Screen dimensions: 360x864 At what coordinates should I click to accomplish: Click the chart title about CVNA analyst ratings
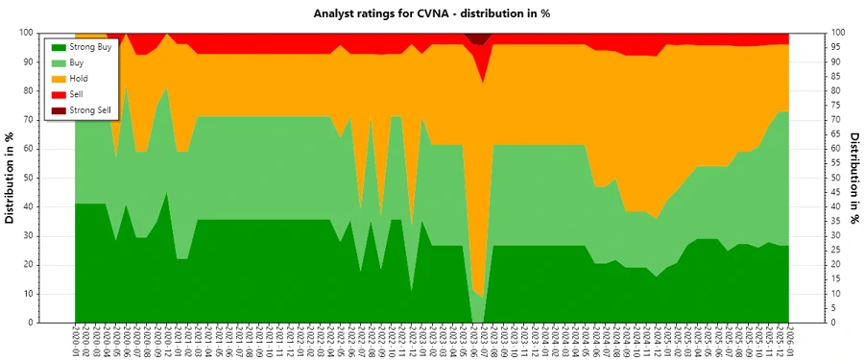431,13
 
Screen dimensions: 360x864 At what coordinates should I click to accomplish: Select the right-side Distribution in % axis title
854,178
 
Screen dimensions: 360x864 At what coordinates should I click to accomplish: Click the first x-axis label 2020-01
75,341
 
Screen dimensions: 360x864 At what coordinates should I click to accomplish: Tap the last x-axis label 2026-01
790,341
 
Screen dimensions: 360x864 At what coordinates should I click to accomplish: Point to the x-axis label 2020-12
168,341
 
